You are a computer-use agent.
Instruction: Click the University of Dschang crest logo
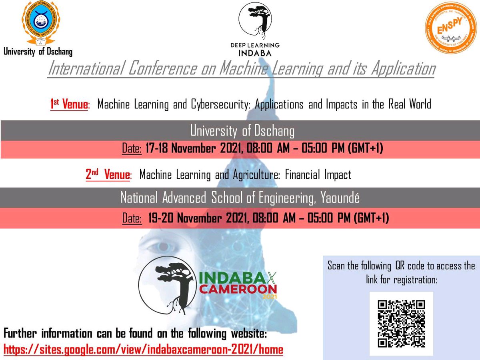(x=38, y=23)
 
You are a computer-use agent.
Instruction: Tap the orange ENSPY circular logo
(x=450, y=27)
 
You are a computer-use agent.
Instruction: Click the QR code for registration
(x=401, y=323)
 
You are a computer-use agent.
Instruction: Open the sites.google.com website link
(x=143, y=350)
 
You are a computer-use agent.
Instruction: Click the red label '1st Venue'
(x=68, y=105)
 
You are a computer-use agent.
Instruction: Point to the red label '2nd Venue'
(x=108, y=175)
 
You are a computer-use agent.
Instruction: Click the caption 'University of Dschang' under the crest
(x=38, y=52)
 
